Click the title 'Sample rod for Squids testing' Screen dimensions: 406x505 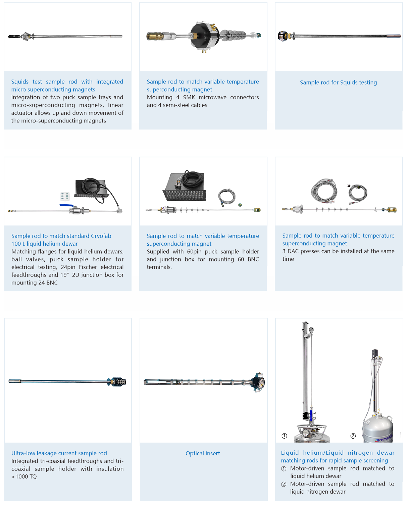coord(338,82)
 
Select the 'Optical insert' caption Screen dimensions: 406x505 coord(203,453)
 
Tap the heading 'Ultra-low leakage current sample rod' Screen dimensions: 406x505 coord(59,453)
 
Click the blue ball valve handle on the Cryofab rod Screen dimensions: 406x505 coord(67,205)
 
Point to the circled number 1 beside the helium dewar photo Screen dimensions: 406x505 coord(284,436)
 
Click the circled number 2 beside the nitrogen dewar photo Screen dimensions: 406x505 coord(353,436)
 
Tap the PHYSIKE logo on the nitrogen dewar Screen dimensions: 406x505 coord(384,438)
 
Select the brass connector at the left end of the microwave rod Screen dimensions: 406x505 coord(155,36)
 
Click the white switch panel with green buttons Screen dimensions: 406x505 coord(65,196)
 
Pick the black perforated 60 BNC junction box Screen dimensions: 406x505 coord(185,187)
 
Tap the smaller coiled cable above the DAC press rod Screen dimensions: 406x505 coord(358,194)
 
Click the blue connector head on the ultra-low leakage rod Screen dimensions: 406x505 coord(117,382)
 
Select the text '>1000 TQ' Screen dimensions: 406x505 coord(24,476)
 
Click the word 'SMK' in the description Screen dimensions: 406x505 coord(189,97)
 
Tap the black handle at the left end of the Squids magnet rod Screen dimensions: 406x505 coord(14,37)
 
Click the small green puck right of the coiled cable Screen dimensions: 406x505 coord(240,205)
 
